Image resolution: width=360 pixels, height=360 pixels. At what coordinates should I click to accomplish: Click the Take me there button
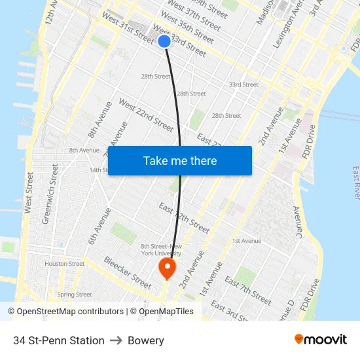(180, 160)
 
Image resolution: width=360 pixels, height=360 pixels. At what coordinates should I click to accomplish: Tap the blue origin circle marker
(164, 41)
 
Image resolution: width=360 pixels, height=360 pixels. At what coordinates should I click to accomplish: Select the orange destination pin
(167, 267)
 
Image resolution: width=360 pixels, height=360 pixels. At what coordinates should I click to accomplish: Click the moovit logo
(321, 340)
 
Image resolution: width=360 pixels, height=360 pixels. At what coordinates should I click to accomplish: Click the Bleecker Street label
(127, 272)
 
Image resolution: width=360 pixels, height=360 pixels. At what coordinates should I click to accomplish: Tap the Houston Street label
(65, 264)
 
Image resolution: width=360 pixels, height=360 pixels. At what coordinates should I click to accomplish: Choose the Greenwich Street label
(50, 194)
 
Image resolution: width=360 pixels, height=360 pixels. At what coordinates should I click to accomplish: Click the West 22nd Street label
(145, 115)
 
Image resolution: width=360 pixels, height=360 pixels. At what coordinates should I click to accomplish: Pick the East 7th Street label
(248, 290)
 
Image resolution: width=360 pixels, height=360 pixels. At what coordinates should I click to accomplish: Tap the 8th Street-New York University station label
(162, 249)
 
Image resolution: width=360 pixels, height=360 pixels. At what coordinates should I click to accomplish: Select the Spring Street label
(75, 295)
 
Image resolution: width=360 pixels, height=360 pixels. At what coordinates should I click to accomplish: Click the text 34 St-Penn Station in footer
(59, 340)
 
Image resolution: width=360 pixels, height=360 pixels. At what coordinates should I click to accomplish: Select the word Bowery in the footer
(146, 340)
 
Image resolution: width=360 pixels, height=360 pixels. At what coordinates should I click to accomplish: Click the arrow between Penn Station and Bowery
(116, 340)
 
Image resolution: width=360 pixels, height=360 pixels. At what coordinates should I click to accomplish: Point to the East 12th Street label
(184, 218)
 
